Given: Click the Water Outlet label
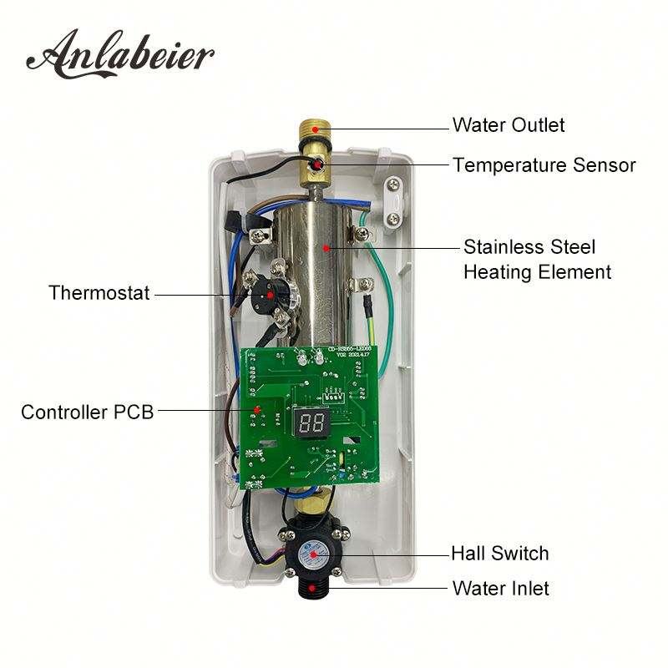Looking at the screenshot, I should [x=509, y=125].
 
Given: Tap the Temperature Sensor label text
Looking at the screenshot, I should [x=544, y=165].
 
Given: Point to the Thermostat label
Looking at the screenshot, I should [x=99, y=293].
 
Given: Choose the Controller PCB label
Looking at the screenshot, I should [x=87, y=412].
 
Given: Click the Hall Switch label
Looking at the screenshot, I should [x=499, y=553].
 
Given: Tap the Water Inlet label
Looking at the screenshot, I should [x=500, y=588].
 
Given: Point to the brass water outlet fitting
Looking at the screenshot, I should [x=313, y=134].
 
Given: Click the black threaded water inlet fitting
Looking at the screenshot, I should [x=314, y=594].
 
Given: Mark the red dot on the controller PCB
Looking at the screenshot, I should [x=256, y=409].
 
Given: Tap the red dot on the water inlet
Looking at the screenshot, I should [x=314, y=589].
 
